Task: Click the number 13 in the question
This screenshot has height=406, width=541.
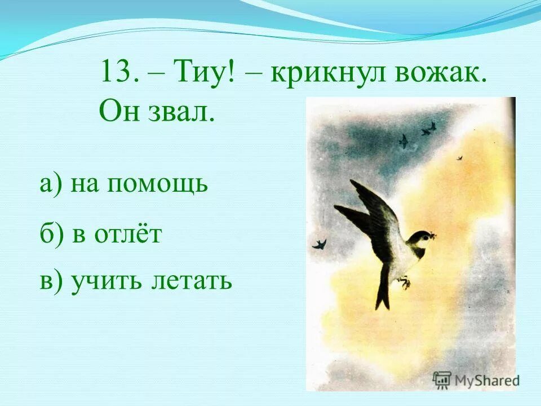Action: pos(116,73)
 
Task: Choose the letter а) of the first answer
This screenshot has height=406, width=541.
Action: pos(52,184)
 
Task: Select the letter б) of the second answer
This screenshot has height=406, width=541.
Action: pos(52,233)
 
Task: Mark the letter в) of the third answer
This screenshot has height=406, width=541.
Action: pos(51,280)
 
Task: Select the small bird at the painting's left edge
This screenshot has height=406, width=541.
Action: pos(320,244)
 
